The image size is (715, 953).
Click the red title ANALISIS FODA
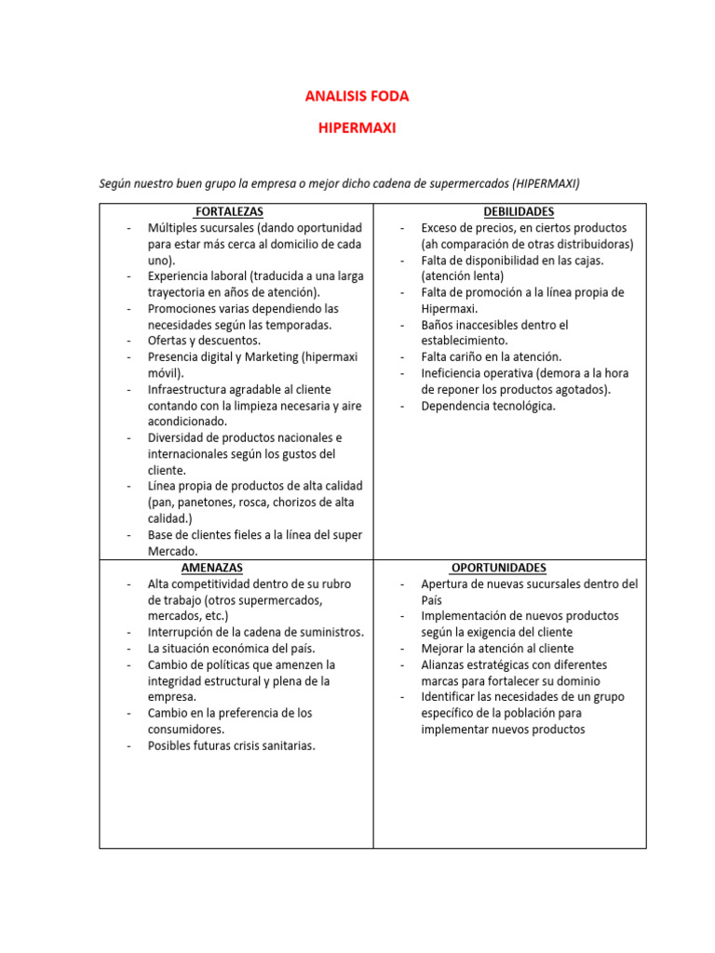click(357, 96)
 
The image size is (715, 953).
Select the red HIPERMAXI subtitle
click(357, 128)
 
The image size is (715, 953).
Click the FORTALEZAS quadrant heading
click(228, 212)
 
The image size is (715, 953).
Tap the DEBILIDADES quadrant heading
click(519, 212)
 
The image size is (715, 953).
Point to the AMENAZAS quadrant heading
click(212, 567)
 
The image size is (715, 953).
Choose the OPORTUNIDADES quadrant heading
click(499, 567)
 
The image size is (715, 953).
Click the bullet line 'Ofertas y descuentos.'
click(204, 341)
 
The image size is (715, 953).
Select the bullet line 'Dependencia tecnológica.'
click(488, 406)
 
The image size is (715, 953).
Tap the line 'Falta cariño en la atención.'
click(492, 356)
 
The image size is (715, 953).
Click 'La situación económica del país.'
click(232, 648)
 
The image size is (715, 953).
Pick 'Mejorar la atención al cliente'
click(497, 648)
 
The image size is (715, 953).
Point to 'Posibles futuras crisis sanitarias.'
click(232, 745)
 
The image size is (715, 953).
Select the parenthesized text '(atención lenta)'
click(463, 276)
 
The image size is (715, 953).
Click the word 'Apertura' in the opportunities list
click(446, 584)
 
